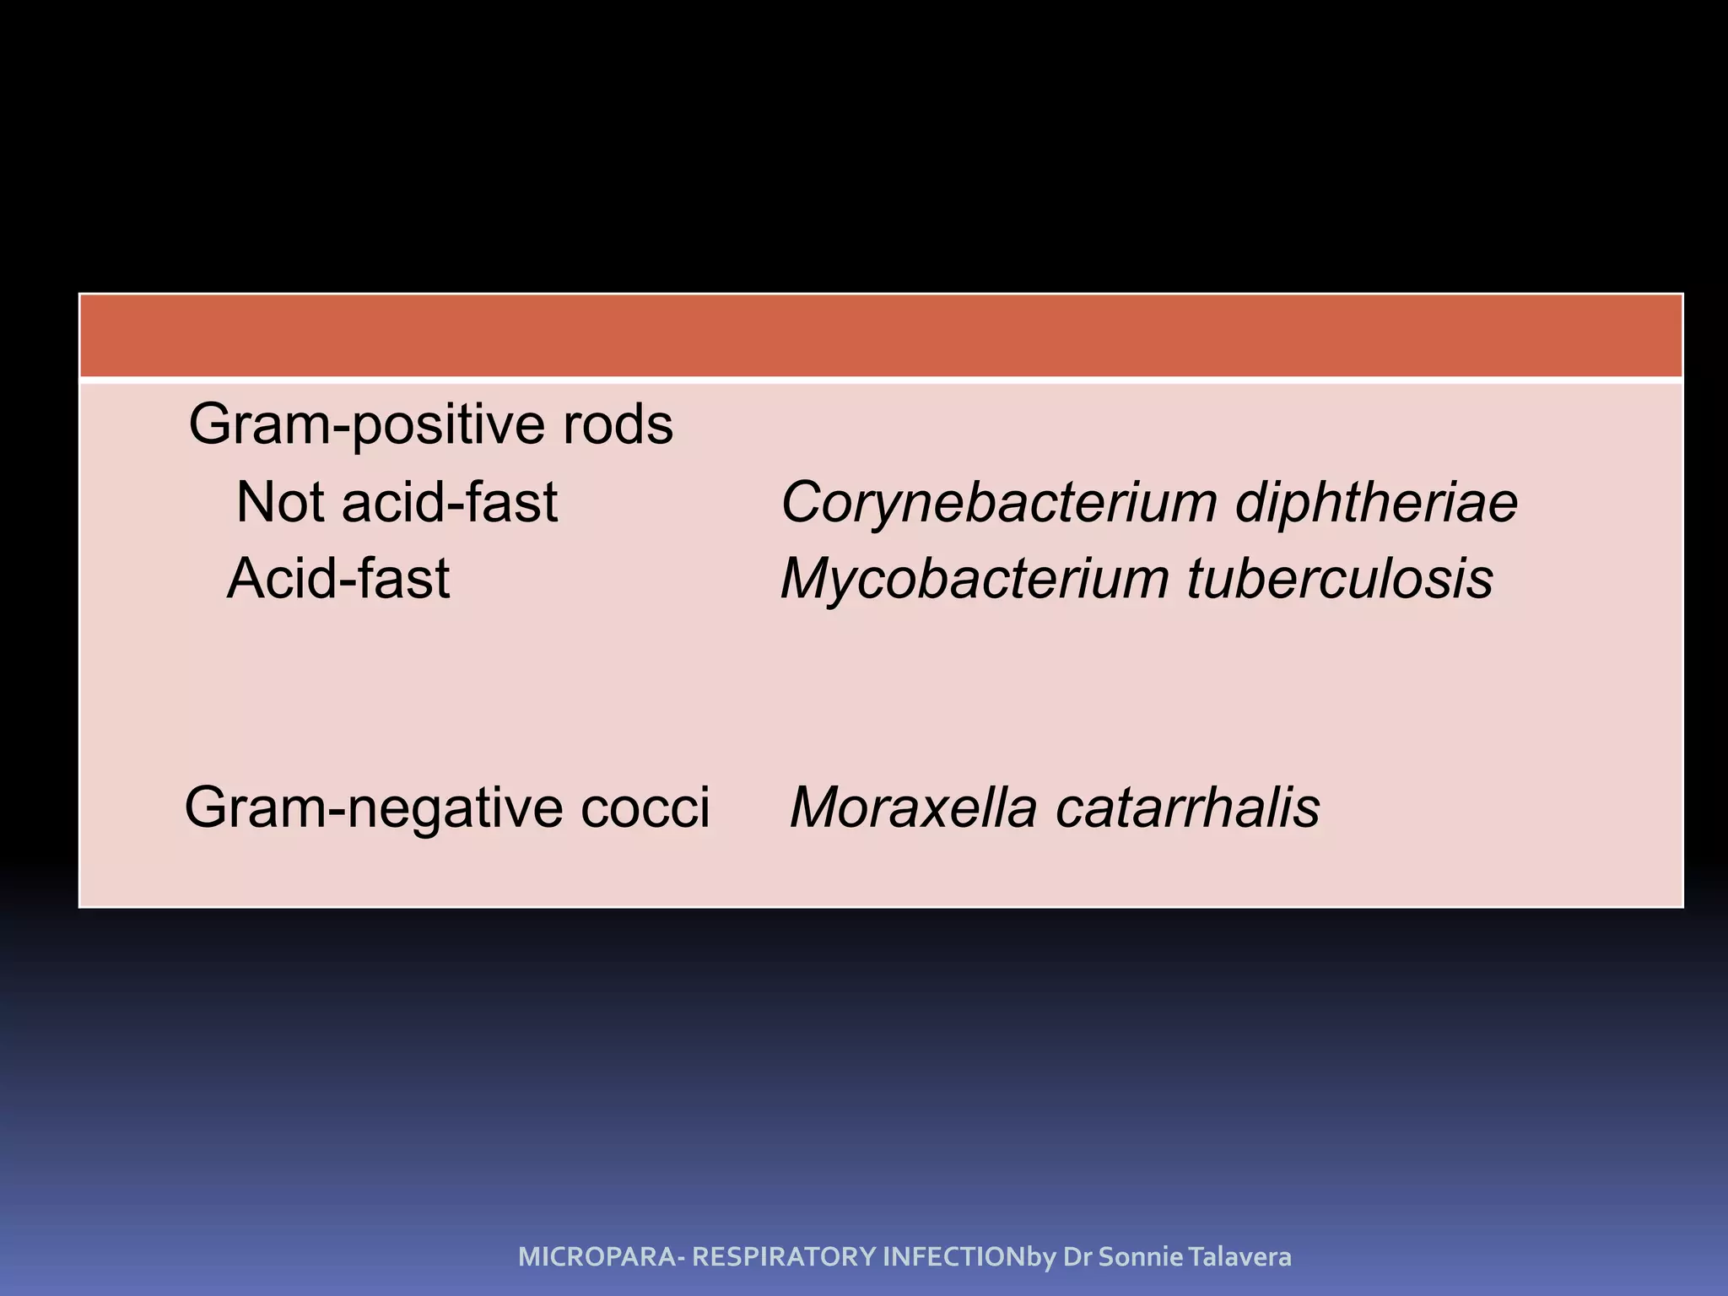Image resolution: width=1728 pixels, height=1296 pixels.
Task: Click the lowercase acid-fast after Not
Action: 450,502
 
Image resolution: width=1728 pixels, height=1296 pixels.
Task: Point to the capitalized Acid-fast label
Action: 338,579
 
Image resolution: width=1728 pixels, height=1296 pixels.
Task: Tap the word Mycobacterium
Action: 975,580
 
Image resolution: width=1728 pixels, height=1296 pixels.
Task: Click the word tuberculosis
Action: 1340,580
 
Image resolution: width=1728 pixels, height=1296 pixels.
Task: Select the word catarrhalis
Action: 1187,808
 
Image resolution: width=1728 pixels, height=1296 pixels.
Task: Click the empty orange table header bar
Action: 881,336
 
